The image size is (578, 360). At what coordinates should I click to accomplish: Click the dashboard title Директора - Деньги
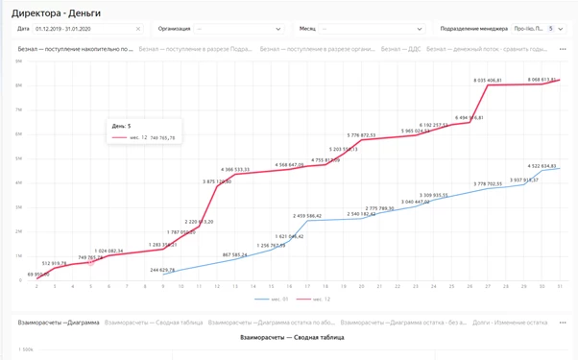pos(56,13)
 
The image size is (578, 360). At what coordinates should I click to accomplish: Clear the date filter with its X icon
pos(138,29)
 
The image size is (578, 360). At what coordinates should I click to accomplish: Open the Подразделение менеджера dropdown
pos(499,29)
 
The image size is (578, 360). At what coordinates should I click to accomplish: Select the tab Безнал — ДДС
pos(400,48)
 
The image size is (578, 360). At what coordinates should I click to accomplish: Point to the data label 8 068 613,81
pos(542,80)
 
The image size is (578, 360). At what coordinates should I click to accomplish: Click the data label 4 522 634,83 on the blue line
pos(542,166)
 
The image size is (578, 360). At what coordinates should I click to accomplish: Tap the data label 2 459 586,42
pos(307,216)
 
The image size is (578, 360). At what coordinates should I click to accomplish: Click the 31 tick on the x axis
pos(558,286)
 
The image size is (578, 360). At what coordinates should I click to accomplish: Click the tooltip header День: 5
pos(120,126)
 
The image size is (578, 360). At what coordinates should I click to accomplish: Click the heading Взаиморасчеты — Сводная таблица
pos(291,337)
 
